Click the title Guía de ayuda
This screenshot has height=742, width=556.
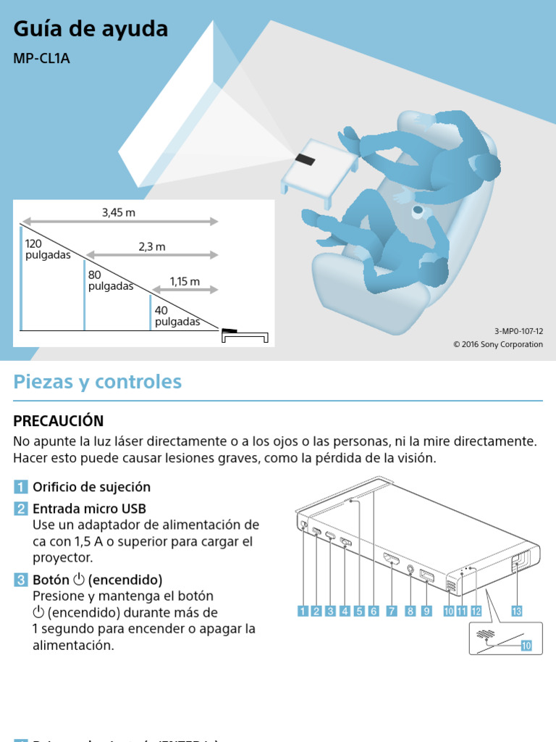click(90, 29)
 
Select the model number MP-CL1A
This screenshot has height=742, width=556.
click(41, 58)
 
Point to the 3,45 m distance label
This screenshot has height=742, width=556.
click(119, 212)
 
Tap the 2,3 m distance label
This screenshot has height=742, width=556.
click(152, 246)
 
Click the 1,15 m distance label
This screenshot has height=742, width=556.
click(185, 281)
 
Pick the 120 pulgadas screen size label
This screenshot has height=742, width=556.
click(48, 250)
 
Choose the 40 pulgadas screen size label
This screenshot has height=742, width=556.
click(177, 316)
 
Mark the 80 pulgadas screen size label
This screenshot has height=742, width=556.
click(111, 280)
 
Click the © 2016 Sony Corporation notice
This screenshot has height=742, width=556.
click(497, 344)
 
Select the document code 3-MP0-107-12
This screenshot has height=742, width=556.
click(518, 330)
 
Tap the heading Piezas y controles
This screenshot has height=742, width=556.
click(97, 382)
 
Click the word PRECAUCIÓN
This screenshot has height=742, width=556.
click(59, 421)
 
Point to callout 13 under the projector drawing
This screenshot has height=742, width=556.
click(516, 611)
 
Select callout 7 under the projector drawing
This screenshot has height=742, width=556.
click(391, 611)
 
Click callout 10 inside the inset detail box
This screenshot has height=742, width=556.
click(526, 645)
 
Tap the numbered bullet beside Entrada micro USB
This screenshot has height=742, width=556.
click(21, 509)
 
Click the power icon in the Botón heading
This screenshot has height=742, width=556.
click(80, 580)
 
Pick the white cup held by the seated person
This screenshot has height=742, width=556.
click(418, 211)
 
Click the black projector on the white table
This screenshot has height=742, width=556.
click(305, 159)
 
